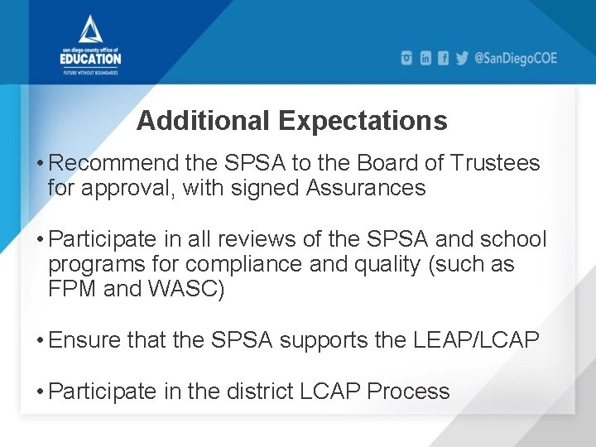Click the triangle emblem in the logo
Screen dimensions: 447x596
coord(91,31)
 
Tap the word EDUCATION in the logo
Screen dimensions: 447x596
coord(91,59)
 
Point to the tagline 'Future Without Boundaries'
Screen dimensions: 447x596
coord(91,72)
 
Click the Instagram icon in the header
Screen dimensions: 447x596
coord(406,58)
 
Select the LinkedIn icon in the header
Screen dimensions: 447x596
coord(425,58)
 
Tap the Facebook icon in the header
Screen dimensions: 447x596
coord(444,58)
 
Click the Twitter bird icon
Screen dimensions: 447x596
coord(462,58)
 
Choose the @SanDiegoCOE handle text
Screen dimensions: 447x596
coord(516,58)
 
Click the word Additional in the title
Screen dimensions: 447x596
coord(204,121)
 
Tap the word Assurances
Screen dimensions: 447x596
coord(366,188)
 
